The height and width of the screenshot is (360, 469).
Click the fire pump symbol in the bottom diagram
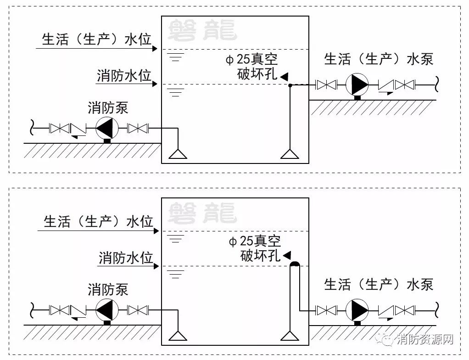[107, 310]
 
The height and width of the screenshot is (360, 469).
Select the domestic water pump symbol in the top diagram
[357, 85]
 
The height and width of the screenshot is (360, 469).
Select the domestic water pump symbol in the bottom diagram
[357, 310]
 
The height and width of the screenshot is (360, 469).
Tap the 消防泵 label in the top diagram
[108, 108]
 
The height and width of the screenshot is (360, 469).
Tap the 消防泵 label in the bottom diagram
[108, 289]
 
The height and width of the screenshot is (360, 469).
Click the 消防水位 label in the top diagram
[124, 75]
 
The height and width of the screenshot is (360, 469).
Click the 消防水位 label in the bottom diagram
[126, 257]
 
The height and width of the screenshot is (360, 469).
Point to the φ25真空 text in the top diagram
[251, 59]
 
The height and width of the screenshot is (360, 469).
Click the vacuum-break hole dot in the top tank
[290, 85]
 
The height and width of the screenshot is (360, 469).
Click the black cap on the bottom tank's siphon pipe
[295, 264]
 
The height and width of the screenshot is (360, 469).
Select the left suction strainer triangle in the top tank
[178, 154]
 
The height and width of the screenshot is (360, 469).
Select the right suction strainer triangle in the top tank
[290, 154]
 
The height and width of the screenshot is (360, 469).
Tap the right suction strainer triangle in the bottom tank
[290, 336]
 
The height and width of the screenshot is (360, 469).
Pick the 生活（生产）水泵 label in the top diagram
[379, 59]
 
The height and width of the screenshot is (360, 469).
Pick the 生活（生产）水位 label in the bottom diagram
[98, 221]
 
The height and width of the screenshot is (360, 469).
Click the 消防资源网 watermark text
[425, 339]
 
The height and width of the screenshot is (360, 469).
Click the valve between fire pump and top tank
[138, 129]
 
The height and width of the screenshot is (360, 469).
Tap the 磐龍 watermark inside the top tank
[202, 30]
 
